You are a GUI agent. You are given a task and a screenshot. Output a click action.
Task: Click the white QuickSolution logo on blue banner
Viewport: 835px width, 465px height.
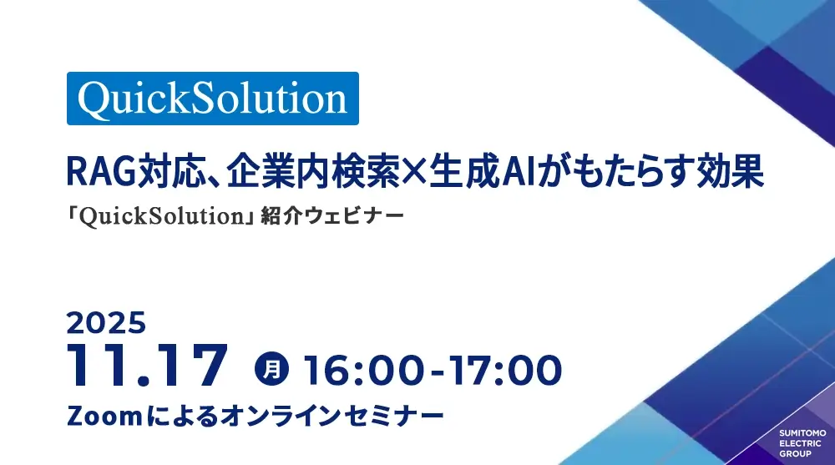(212, 99)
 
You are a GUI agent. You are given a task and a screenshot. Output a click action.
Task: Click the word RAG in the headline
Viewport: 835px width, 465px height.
(101, 171)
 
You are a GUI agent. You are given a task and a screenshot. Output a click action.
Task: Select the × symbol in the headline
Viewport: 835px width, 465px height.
(414, 171)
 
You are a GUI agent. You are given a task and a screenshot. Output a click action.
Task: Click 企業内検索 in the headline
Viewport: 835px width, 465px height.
(313, 171)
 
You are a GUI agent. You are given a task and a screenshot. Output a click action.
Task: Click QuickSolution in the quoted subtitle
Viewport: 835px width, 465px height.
(162, 216)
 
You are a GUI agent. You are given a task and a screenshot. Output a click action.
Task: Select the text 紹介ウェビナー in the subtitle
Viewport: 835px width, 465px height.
(332, 215)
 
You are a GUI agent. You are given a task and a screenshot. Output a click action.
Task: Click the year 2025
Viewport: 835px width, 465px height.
(106, 323)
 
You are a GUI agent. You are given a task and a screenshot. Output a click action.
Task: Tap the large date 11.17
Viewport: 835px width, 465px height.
(148, 366)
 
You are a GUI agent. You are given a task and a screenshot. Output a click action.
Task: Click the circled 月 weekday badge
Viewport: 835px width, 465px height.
(271, 369)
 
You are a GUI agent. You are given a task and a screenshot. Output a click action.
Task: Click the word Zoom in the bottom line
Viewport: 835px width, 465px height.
(104, 416)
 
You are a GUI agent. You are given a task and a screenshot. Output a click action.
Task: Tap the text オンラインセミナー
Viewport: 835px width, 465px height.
(331, 416)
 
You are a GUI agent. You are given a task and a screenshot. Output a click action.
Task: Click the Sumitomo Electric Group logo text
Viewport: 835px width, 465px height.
(802, 443)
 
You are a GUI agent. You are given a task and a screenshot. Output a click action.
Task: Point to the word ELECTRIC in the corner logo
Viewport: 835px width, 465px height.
(801, 443)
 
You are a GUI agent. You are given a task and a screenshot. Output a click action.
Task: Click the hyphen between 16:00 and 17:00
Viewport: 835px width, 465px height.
(438, 372)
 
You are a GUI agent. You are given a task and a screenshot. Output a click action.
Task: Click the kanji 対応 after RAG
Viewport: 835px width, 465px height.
(172, 171)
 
